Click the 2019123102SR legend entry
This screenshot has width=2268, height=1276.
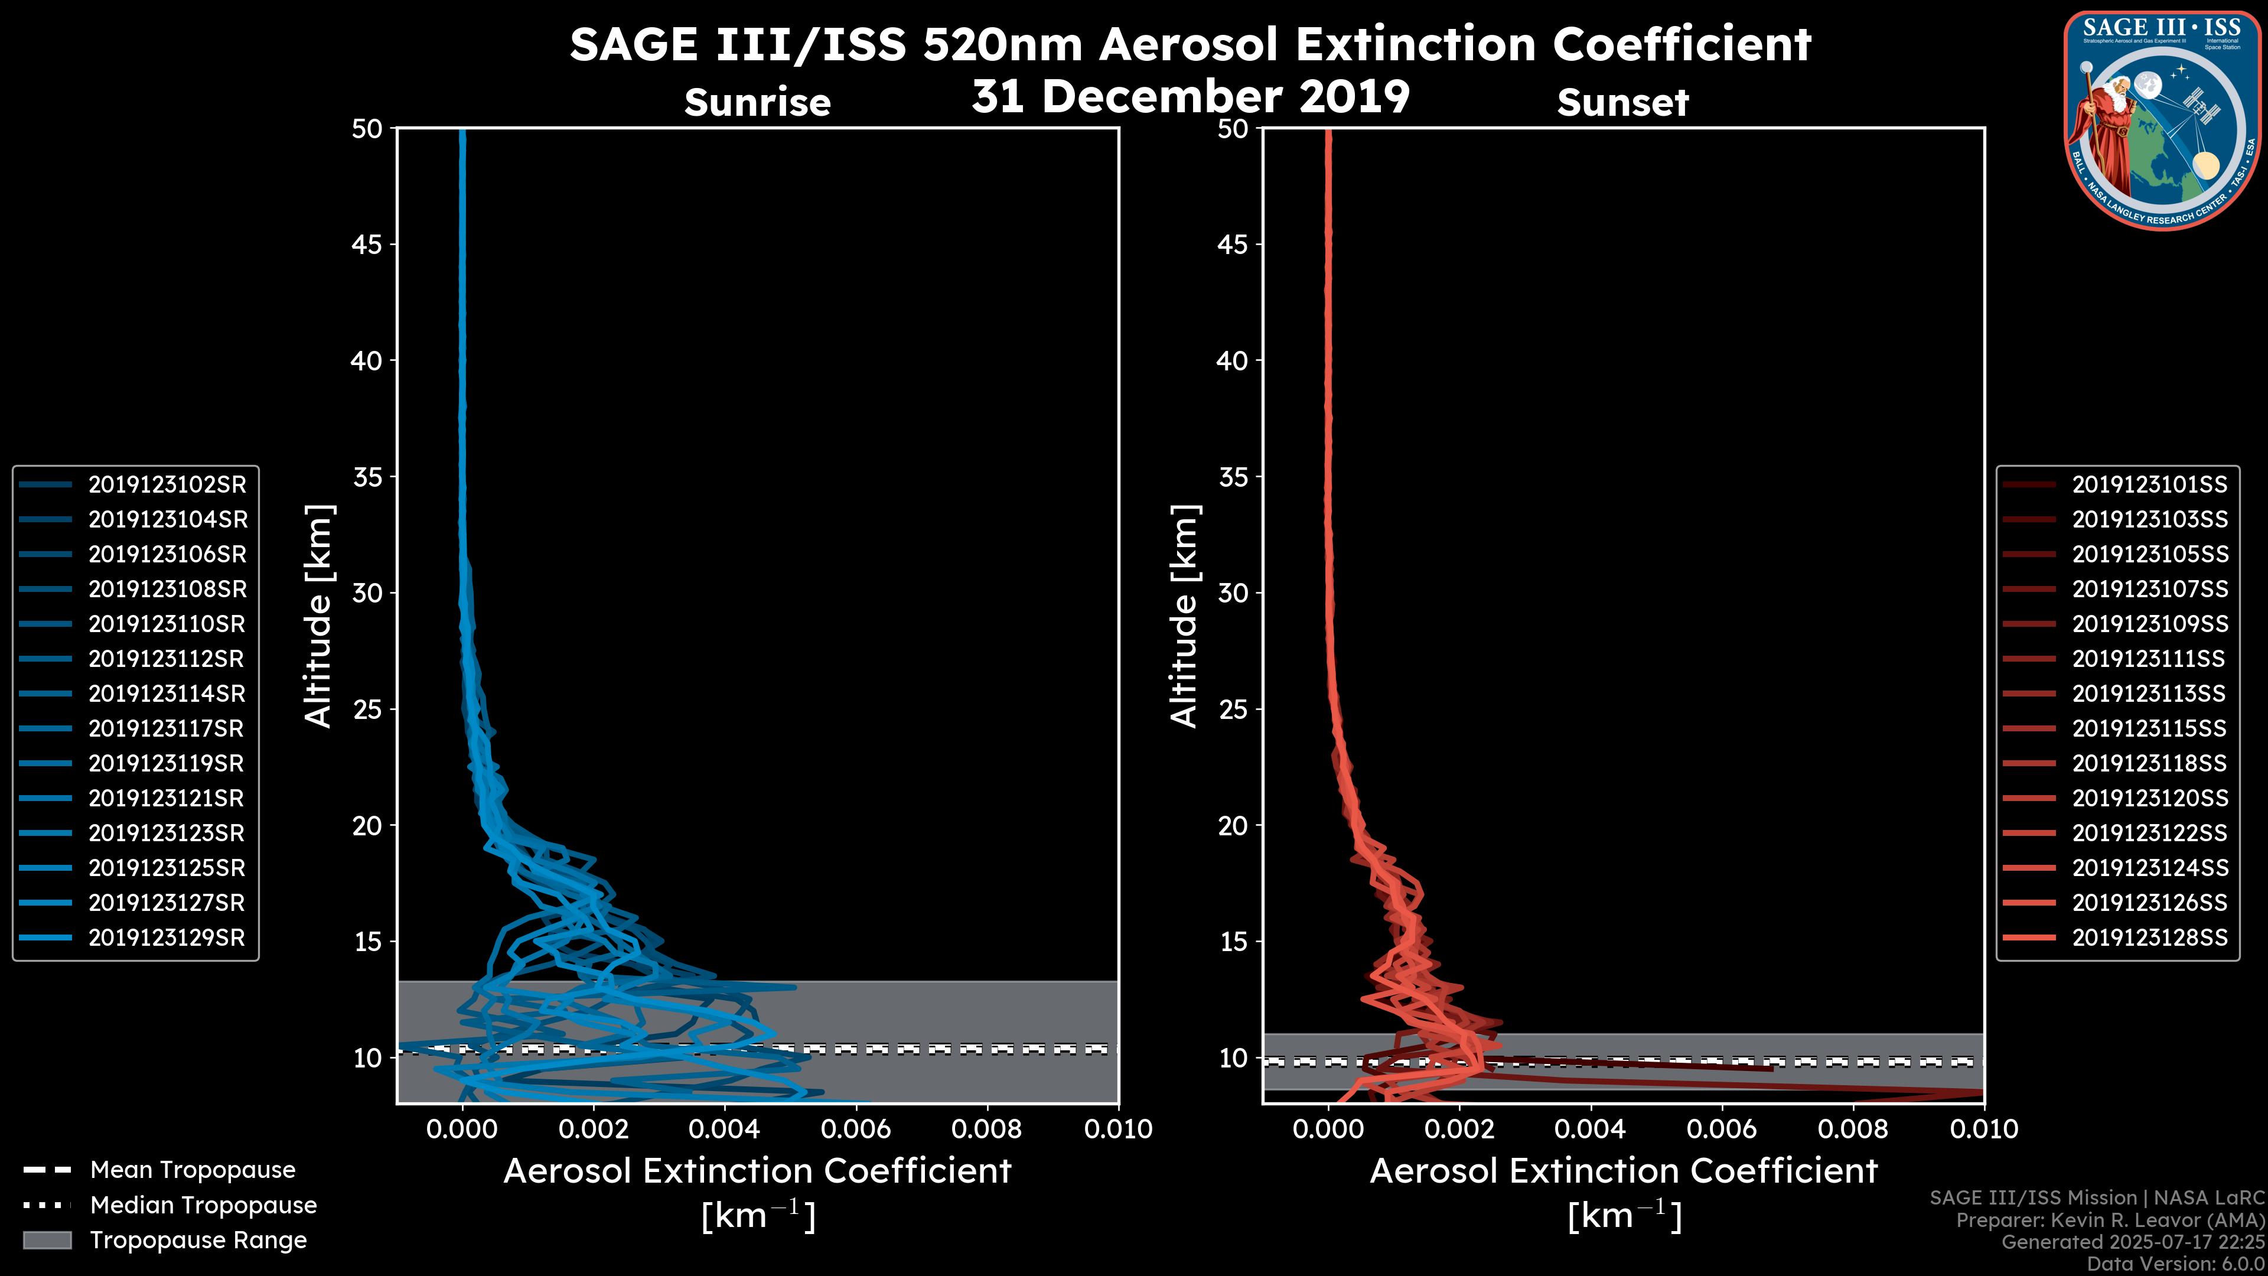point(167,484)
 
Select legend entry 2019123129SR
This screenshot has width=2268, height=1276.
point(167,938)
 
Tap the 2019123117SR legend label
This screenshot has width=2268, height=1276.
point(167,728)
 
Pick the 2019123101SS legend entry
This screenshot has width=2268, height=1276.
point(2149,484)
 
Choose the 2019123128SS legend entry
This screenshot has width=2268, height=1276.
point(2149,938)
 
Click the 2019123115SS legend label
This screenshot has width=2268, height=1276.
point(2149,728)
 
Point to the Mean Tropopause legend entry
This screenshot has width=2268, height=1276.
point(192,1170)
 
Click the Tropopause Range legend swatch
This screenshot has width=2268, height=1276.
point(47,1240)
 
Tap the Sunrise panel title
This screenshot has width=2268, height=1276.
point(757,103)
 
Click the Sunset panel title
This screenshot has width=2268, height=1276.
point(1622,103)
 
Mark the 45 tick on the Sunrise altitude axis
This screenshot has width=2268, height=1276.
point(367,244)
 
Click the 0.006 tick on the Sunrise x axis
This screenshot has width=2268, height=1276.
point(856,1129)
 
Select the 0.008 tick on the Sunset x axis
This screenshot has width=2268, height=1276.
point(1853,1129)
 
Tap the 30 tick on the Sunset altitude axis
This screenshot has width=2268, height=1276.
point(1233,593)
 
